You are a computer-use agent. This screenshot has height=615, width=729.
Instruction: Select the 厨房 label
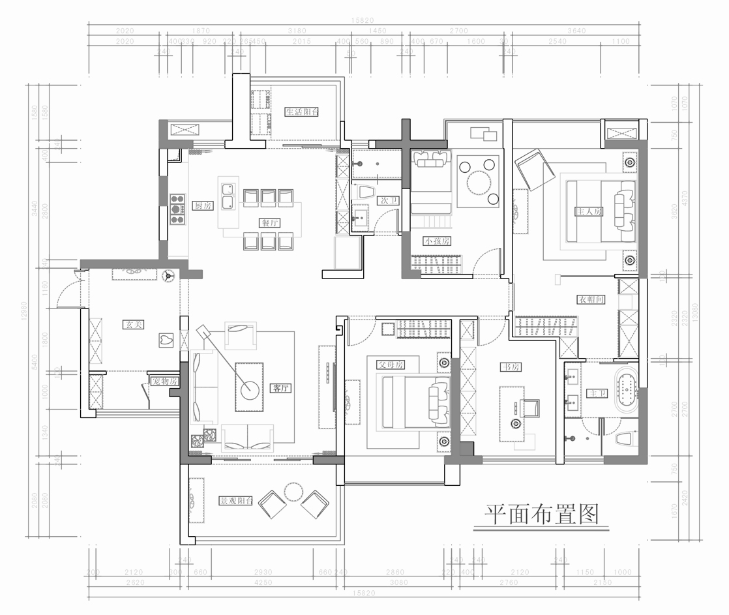point(203,205)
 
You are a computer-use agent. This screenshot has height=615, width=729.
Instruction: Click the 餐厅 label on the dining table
point(270,222)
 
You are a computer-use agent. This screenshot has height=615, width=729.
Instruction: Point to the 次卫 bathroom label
point(389,201)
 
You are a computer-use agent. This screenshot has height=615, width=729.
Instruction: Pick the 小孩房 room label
point(437,241)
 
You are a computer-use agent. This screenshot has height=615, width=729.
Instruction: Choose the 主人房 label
point(588,211)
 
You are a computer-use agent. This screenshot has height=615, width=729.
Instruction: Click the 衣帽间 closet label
point(591,300)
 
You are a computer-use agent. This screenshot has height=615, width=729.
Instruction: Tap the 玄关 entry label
point(133,323)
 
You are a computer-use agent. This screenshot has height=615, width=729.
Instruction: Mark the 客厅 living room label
point(280,388)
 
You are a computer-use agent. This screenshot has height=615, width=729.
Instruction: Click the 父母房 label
point(391,365)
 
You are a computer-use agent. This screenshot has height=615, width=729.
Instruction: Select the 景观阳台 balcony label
point(235,502)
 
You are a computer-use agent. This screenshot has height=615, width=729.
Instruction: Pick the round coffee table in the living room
point(249,390)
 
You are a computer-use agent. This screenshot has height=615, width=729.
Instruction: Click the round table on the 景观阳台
point(294,490)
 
